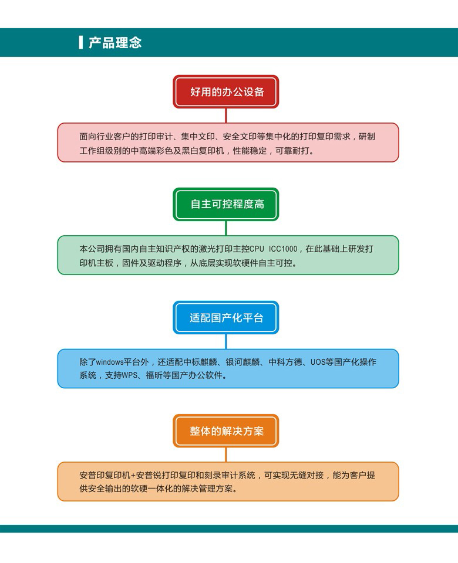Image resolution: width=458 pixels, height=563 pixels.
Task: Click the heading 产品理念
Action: (x=115, y=42)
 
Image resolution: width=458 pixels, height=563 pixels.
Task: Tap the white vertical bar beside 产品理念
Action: (x=81, y=42)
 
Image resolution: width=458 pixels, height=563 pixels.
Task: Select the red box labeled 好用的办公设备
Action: (x=225, y=91)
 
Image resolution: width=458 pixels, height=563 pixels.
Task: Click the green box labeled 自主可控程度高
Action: (x=225, y=204)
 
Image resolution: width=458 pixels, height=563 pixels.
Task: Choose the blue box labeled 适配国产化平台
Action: (x=225, y=317)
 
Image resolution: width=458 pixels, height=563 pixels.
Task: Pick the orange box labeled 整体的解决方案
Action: (x=225, y=431)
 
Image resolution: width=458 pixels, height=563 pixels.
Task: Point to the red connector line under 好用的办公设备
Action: (x=225, y=116)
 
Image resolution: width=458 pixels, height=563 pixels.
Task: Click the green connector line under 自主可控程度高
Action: (x=225, y=228)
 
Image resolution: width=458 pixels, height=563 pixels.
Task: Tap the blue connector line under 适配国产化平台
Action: (x=225, y=342)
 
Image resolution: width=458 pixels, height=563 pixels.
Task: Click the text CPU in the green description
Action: (x=257, y=249)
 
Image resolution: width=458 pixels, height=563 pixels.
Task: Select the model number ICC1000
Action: (x=283, y=249)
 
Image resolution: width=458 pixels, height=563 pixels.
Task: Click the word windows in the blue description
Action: (x=110, y=362)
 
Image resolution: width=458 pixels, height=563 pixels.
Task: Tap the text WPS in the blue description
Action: (x=130, y=375)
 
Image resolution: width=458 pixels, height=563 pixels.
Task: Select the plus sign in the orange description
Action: (x=133, y=476)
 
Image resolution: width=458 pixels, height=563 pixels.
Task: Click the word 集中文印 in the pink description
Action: (x=198, y=137)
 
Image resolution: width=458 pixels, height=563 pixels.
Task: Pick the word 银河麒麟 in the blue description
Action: (x=243, y=362)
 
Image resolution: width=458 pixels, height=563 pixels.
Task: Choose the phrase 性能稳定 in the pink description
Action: (x=250, y=151)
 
